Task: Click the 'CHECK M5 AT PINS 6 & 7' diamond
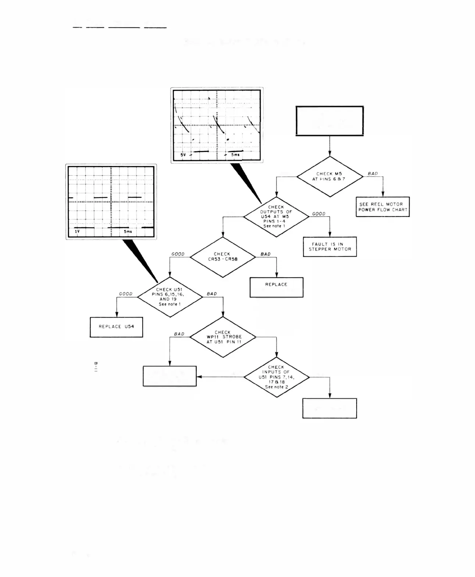[329, 177]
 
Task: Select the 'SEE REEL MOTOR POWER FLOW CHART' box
[383, 207]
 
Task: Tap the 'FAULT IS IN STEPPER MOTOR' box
[330, 246]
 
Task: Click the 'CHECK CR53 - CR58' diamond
[222, 257]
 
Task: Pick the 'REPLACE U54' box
[116, 327]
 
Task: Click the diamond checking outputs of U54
[276, 216]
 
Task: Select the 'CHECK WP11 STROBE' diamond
[222, 337]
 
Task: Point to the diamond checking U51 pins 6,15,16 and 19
[169, 297]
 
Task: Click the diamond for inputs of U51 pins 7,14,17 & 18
[276, 377]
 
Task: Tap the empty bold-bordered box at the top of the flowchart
[329, 121]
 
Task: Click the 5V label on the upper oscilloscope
[183, 155]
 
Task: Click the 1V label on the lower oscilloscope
[77, 232]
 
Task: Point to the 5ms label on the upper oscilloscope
[235, 155]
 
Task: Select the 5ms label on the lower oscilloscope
[128, 232]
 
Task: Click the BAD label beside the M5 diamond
[372, 174]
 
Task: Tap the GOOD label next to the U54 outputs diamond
[318, 214]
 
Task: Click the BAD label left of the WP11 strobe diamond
[179, 334]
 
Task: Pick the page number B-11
[96, 367]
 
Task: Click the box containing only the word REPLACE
[276, 287]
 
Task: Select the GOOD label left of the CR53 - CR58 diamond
[178, 254]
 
